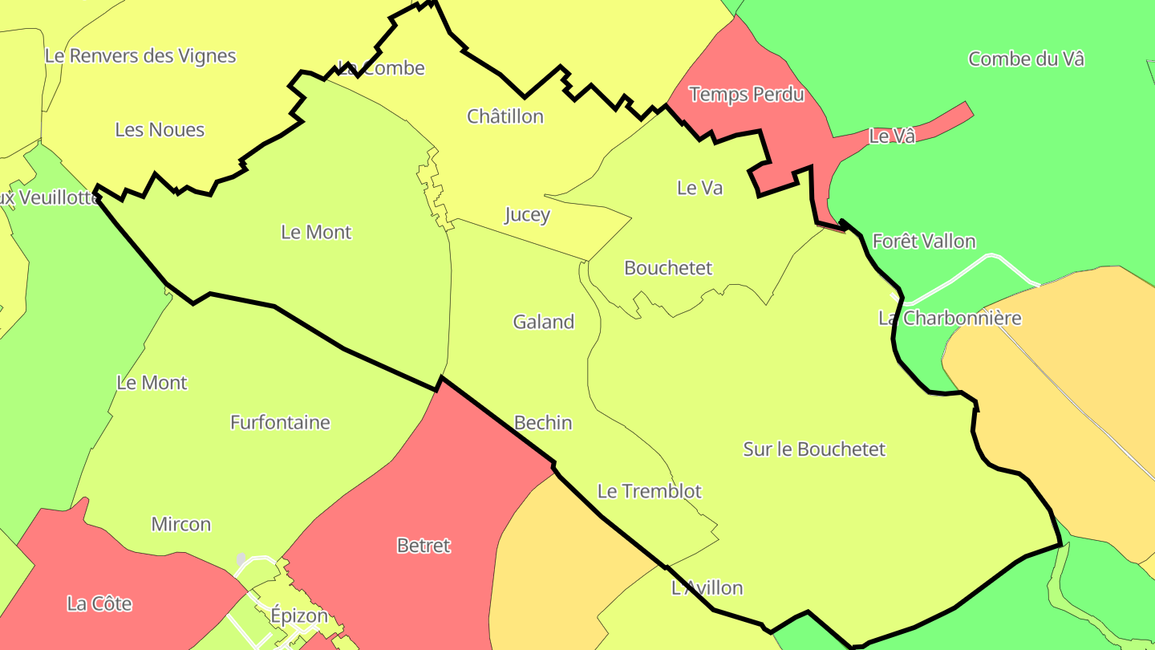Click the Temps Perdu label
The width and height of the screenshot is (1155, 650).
point(746,95)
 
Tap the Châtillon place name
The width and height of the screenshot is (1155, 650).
point(505,116)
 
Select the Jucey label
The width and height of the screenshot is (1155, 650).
point(527,215)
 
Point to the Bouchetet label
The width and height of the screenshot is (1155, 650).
point(668,268)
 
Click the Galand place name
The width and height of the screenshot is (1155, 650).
point(544,322)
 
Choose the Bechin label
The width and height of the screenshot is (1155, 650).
point(543,423)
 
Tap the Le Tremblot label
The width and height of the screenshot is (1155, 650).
point(650,491)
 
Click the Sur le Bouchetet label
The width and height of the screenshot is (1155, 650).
point(814,449)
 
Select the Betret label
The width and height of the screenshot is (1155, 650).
point(423,546)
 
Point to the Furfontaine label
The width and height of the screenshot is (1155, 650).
point(280,422)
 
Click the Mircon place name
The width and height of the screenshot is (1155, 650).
point(181,525)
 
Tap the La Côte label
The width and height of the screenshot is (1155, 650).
point(99,603)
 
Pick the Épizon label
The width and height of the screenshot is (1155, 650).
point(299,616)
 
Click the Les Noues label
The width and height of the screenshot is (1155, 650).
point(160,130)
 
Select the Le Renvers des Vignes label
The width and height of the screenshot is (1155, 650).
point(140,56)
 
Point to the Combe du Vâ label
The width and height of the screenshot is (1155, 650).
point(1026,59)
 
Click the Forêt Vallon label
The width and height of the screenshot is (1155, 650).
point(924,242)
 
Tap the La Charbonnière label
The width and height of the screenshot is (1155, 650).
point(950,319)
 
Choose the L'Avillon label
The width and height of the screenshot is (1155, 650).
point(707,588)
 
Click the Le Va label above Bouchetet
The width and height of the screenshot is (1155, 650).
point(699,188)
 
